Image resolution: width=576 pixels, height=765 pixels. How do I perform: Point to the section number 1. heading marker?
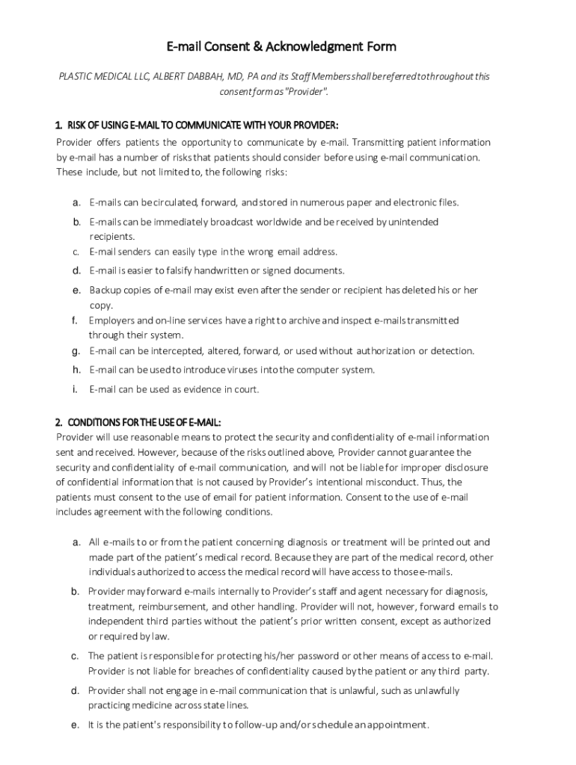[x=59, y=125]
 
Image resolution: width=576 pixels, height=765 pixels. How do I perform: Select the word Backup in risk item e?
[x=104, y=290]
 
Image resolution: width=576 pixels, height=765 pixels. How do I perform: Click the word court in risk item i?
[x=248, y=389]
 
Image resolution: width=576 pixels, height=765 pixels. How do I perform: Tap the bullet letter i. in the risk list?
[x=76, y=389]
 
